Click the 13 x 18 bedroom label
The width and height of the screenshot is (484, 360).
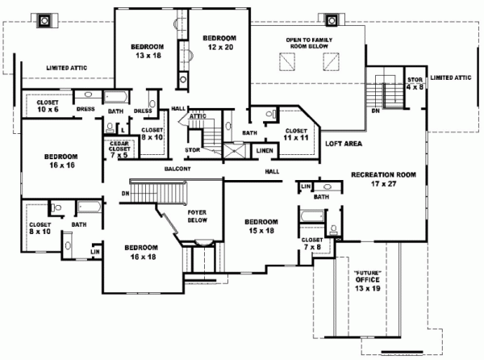click(x=148, y=51)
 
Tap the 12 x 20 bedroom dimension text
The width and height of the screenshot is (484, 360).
click(x=220, y=48)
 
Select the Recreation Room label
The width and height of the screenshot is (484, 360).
click(x=384, y=174)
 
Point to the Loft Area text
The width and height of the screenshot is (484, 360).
click(x=344, y=144)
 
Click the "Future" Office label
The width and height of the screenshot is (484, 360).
click(x=367, y=280)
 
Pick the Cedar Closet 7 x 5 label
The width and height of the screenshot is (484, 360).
click(x=119, y=149)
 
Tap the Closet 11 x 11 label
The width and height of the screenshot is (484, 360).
click(x=296, y=134)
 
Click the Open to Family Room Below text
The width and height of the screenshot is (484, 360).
click(x=309, y=43)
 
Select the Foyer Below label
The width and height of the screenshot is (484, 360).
click(x=198, y=216)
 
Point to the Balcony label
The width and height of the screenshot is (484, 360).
click(x=177, y=169)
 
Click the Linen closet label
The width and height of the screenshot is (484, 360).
click(x=265, y=151)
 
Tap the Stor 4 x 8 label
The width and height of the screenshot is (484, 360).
click(x=415, y=83)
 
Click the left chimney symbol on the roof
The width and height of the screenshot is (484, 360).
click(x=44, y=21)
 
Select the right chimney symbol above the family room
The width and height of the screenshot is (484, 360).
click(x=332, y=21)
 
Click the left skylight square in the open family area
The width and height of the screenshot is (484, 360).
click(x=287, y=62)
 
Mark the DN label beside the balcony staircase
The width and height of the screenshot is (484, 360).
click(x=125, y=194)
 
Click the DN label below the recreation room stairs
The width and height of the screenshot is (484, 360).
click(x=376, y=111)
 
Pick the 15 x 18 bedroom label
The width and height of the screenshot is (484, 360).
click(x=261, y=226)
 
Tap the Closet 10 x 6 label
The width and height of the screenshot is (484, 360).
click(x=48, y=106)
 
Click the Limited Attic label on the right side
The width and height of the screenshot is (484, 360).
click(x=451, y=77)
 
